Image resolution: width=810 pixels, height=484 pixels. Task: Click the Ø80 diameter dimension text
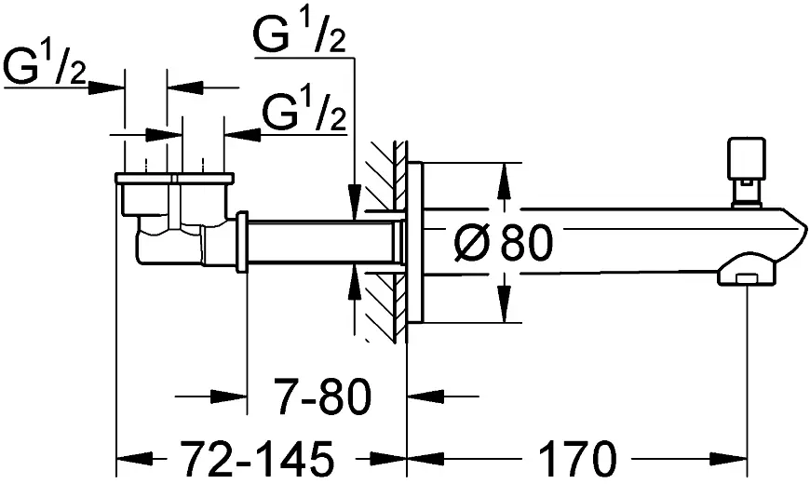(x=503, y=244)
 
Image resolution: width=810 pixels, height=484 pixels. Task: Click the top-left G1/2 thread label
(x=45, y=68)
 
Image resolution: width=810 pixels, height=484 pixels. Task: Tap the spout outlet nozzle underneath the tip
(x=745, y=276)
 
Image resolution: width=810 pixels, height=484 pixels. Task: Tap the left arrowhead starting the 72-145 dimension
(x=127, y=458)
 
